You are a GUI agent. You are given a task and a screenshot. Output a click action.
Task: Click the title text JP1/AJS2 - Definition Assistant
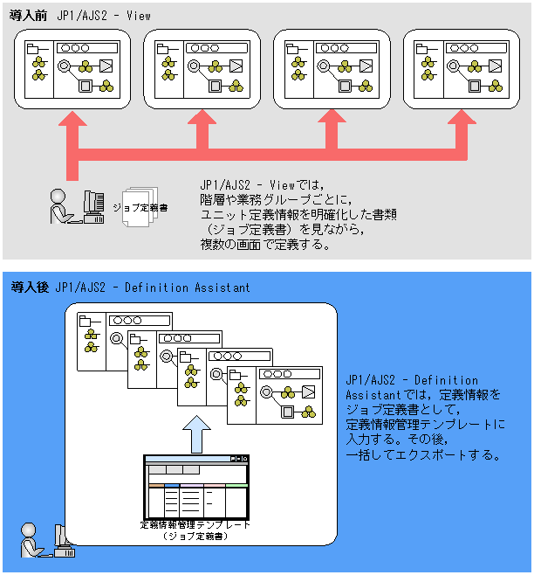(153, 287)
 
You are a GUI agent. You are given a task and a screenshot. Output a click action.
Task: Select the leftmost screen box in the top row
(72, 69)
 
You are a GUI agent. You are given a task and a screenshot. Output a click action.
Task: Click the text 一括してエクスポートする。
(422, 454)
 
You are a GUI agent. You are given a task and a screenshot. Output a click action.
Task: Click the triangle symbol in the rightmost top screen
(495, 66)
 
